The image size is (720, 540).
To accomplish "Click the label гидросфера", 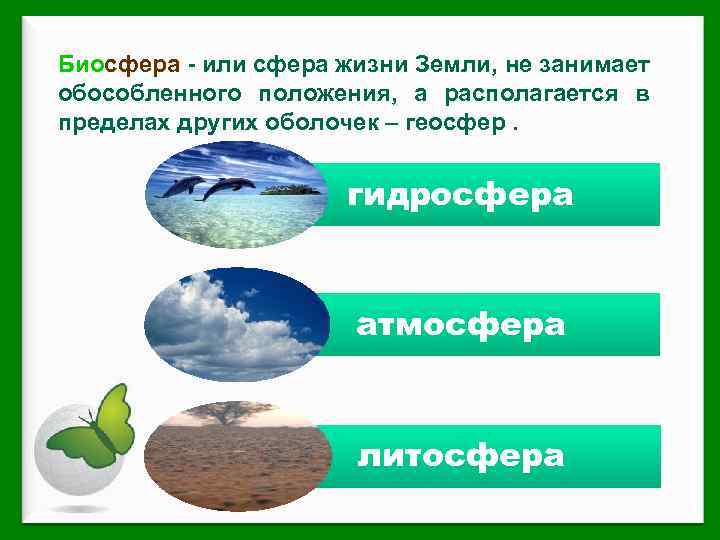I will (x=461, y=195).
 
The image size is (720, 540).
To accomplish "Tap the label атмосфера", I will (x=461, y=325).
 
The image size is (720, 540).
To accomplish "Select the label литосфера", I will (x=461, y=456).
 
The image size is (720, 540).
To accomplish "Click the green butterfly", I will (x=95, y=428).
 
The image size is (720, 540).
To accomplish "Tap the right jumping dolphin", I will (x=230, y=186).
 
